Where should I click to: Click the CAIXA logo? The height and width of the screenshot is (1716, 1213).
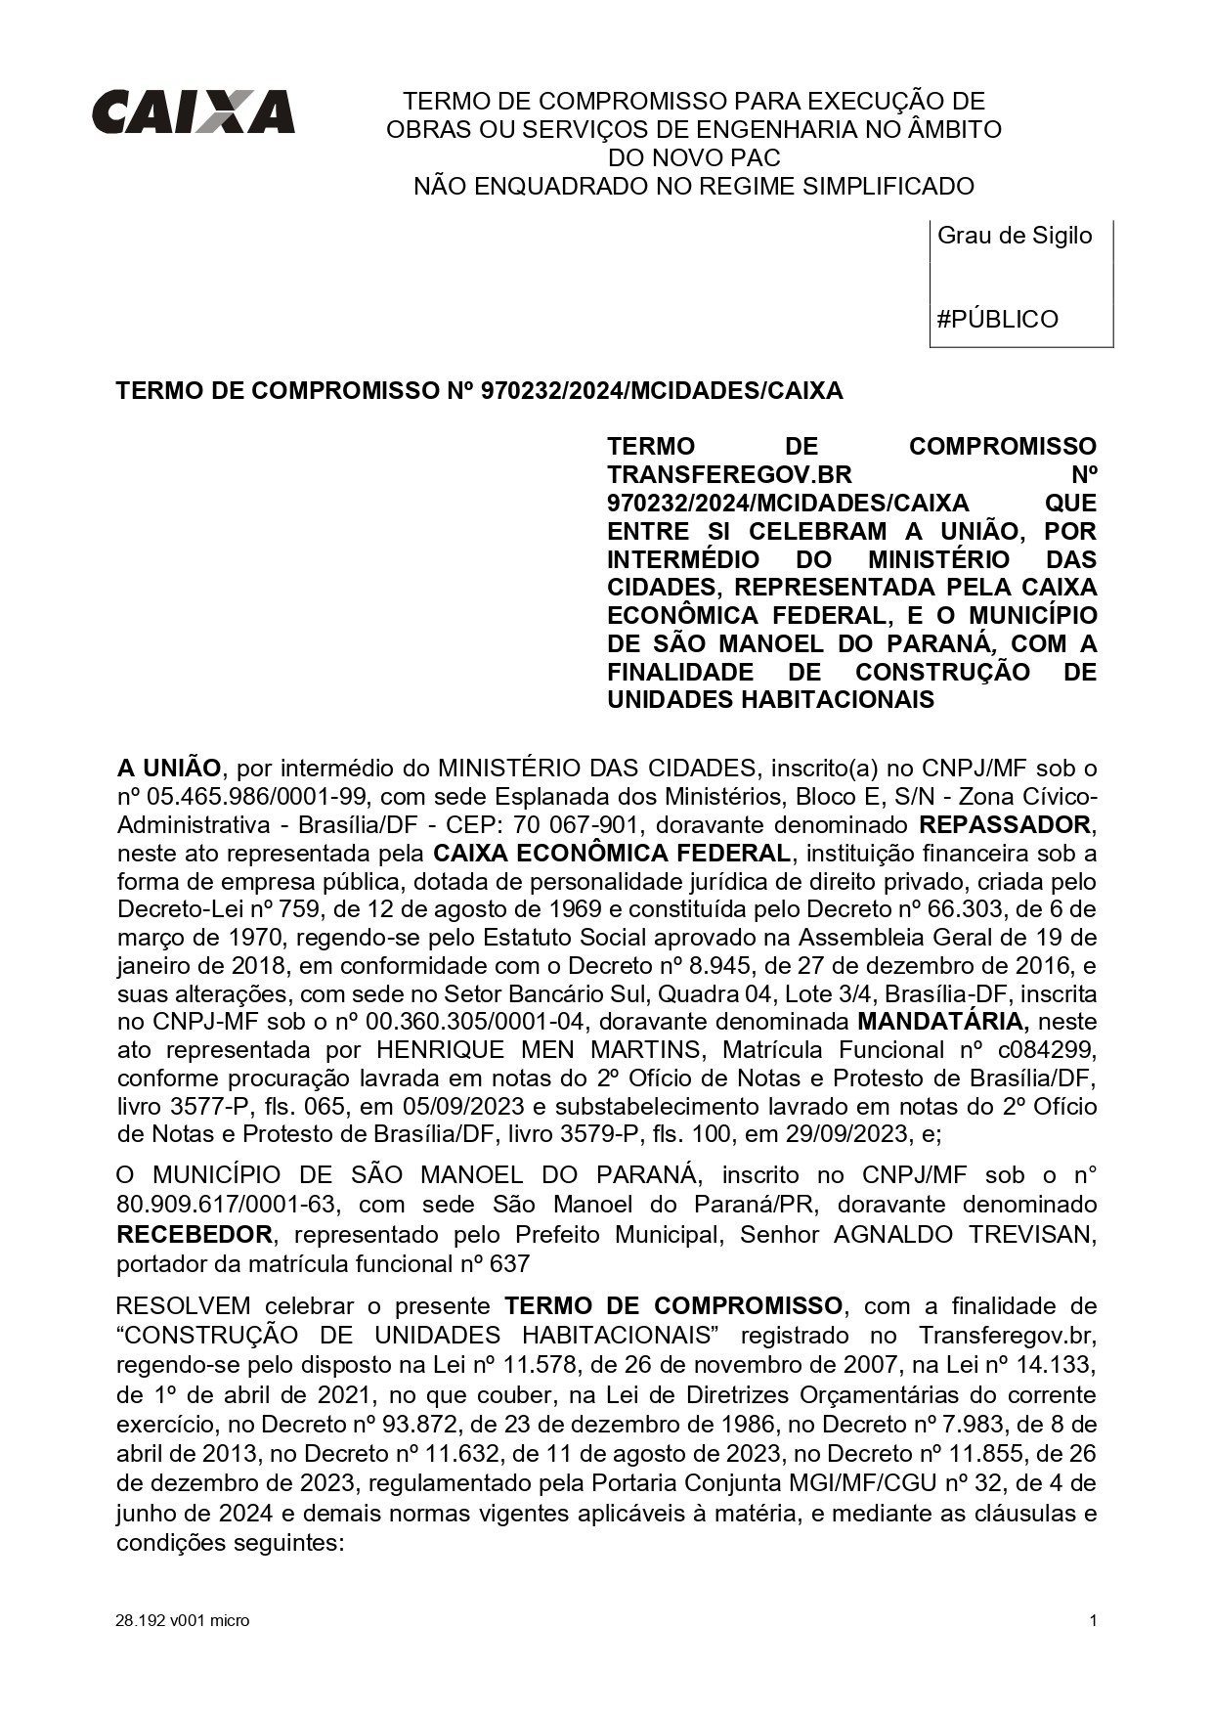coord(194,112)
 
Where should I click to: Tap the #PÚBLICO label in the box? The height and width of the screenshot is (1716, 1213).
coord(997,320)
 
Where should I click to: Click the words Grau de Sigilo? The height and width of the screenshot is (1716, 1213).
coord(1015,236)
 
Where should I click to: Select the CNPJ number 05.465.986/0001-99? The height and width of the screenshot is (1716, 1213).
coord(247,796)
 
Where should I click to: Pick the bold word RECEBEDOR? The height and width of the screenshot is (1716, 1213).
coord(195,1235)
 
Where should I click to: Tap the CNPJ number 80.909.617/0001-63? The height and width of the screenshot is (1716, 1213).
coord(227,1206)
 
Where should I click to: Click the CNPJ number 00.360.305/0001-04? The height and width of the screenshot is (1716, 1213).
coord(476,1023)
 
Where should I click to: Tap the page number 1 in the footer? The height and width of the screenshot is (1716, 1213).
coord(1093,1621)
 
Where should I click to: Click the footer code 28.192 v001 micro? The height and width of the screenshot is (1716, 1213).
coord(182,1621)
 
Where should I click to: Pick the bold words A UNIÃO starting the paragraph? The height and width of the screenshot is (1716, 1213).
coord(169,768)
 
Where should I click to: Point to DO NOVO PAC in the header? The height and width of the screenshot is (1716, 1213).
coord(694,157)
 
